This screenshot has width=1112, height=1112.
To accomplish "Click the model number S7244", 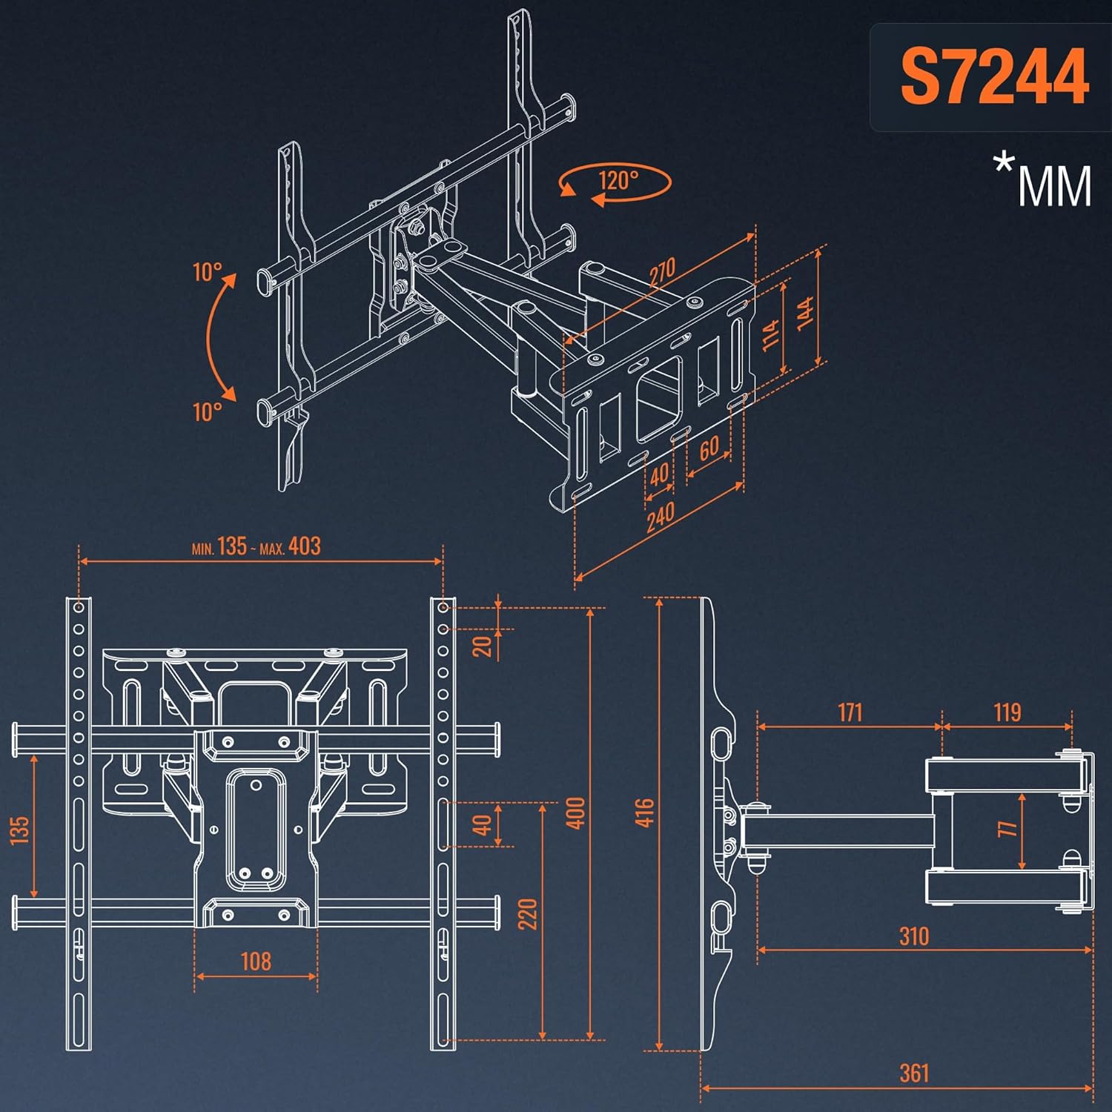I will [x=993, y=77].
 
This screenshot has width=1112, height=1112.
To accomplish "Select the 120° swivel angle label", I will [x=618, y=180].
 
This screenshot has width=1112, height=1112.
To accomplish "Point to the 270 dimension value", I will [x=662, y=272].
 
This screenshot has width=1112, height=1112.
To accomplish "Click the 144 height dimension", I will [x=806, y=311].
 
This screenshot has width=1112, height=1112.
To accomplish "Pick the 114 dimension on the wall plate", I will [x=771, y=334].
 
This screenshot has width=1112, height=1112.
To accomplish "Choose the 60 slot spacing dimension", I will [x=709, y=448].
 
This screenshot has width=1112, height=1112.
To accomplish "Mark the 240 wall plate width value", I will [x=660, y=517].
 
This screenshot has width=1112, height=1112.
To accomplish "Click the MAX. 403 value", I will [x=304, y=546].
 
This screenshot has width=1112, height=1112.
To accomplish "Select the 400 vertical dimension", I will [x=576, y=813].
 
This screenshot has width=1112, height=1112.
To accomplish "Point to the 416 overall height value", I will [x=645, y=813].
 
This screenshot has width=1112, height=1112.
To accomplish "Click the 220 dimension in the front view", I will [x=527, y=914].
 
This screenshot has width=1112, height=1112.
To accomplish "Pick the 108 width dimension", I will [x=256, y=962].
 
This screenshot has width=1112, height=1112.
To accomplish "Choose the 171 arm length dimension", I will [x=850, y=712].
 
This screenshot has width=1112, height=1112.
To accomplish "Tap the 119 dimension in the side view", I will [x=1007, y=712].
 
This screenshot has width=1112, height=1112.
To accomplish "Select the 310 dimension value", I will [x=913, y=936].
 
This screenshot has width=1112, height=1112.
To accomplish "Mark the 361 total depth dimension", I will [x=913, y=1073].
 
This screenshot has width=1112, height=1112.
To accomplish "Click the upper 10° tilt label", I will [x=207, y=272].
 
